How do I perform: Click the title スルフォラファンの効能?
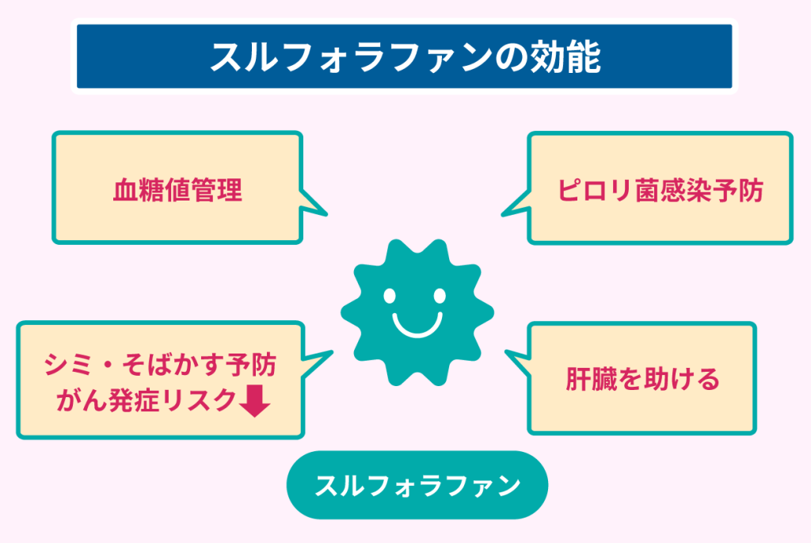(x=405, y=58)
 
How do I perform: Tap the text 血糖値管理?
(x=177, y=191)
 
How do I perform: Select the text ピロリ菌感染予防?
(x=660, y=191)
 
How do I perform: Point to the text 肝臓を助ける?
(x=642, y=379)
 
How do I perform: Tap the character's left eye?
(x=389, y=296)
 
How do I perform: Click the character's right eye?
(x=440, y=296)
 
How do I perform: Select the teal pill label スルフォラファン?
(x=417, y=485)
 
